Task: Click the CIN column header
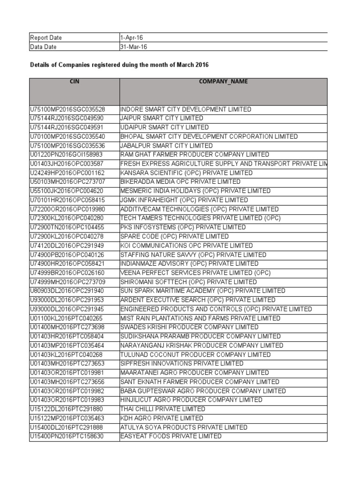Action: click(x=74, y=82)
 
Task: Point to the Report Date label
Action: click(x=45, y=37)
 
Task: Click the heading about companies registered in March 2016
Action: click(x=119, y=64)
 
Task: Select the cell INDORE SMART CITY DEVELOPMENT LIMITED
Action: click(x=186, y=109)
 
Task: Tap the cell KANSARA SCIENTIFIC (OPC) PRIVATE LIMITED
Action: click(x=186, y=173)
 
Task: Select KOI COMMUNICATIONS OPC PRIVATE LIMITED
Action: click(x=186, y=246)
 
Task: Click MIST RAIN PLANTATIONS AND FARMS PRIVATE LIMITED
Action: click(x=200, y=318)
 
